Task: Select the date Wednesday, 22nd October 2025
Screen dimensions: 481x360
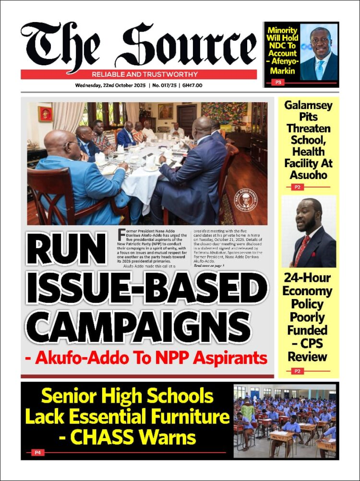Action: (111, 85)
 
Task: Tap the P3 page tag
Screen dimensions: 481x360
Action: (278, 83)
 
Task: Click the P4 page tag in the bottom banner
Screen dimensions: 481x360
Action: (37, 452)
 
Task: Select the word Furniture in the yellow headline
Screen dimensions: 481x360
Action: (183, 417)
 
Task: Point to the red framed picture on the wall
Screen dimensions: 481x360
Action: (45, 114)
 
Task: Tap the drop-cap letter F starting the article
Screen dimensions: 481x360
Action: (121, 234)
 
